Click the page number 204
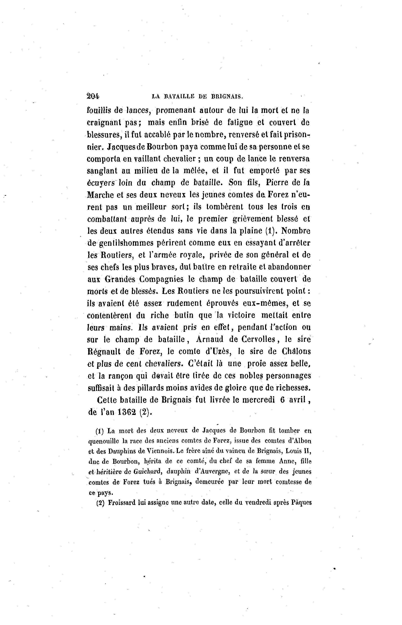click(93, 96)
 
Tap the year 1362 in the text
click(127, 412)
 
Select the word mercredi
click(257, 400)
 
